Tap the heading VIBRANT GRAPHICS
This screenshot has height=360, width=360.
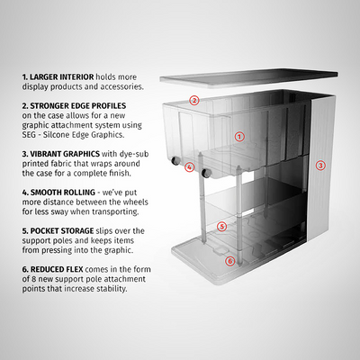(65, 155)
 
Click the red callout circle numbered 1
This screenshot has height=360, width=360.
(239, 137)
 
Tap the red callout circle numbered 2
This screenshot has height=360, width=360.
(194, 100)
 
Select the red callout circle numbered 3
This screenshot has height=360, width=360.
(321, 166)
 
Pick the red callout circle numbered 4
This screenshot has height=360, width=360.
(189, 166)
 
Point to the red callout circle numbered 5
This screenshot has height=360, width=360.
(221, 227)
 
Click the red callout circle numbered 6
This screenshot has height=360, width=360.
(229, 261)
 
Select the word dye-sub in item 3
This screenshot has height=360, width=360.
(136, 155)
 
